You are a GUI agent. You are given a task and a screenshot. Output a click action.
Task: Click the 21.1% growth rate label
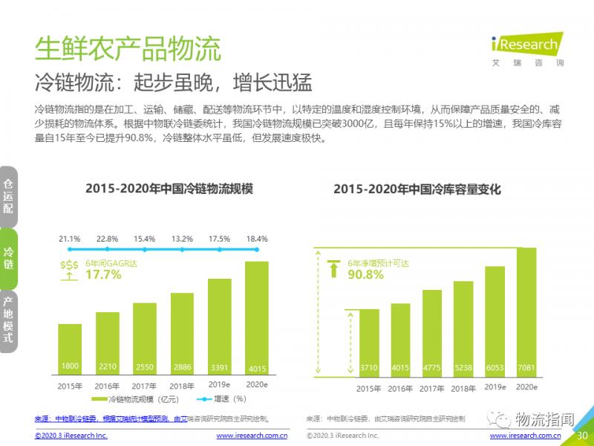[x=70, y=239]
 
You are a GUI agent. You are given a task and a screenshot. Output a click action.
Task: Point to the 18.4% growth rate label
[x=255, y=239]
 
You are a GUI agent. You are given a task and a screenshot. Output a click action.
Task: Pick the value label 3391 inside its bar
[x=219, y=366]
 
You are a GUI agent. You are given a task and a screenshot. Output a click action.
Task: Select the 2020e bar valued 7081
[x=526, y=312]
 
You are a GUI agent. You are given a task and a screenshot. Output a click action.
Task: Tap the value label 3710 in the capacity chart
[x=368, y=366]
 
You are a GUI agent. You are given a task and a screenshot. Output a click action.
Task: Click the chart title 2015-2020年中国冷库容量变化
[x=417, y=190]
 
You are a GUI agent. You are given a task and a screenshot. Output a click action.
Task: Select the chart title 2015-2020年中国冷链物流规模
[x=169, y=190]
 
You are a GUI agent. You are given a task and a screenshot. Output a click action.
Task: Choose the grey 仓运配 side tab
[x=8, y=195]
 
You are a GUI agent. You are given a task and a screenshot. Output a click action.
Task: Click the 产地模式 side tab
[x=8, y=320]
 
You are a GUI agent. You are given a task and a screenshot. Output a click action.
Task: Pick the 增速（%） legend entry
[x=223, y=399]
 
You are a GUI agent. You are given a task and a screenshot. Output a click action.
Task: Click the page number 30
[x=582, y=436]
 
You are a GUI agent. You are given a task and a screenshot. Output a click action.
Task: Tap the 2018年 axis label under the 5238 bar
[x=463, y=388]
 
